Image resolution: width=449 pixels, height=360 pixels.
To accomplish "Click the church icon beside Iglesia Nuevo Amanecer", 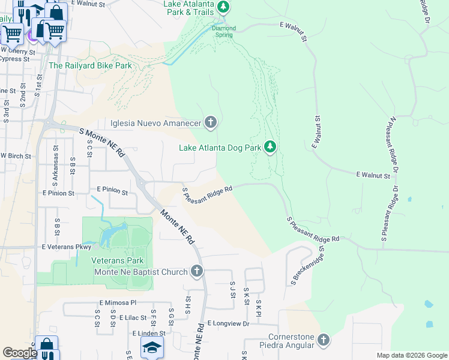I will click(x=210, y=123).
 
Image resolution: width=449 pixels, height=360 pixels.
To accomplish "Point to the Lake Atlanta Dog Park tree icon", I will click(x=270, y=147).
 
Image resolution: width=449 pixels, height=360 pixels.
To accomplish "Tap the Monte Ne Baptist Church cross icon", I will click(x=196, y=272).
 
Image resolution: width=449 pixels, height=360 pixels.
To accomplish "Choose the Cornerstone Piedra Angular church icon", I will click(x=324, y=341).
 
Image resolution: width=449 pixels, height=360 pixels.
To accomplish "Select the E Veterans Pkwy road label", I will click(x=66, y=247).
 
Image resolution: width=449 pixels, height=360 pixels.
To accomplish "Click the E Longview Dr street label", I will click(x=228, y=323).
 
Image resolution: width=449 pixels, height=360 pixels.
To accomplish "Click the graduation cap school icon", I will click(x=152, y=347).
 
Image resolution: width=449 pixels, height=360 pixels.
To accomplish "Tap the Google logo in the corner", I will click(x=20, y=353).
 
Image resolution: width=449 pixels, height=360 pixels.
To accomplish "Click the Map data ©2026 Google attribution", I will click(x=411, y=355).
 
